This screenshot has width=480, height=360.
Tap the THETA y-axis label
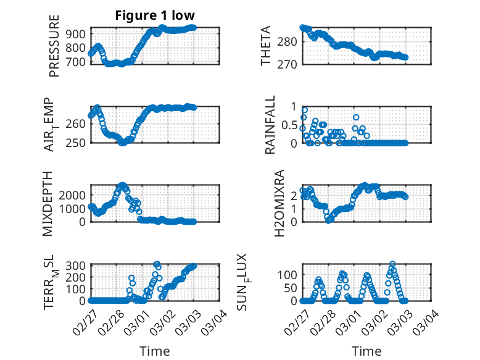pyautogui.click(x=266, y=46)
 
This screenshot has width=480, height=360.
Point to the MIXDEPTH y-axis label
pyautogui.click(x=48, y=204)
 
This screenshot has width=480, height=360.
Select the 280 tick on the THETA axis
pyautogui.click(x=288, y=42)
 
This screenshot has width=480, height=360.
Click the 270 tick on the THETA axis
pyautogui.click(x=288, y=64)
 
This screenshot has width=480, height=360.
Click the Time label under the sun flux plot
pyautogui.click(x=366, y=351)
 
